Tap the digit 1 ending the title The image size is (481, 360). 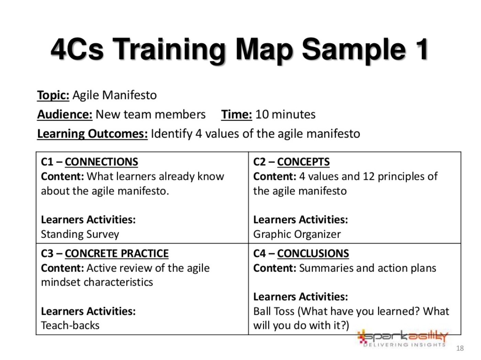(x=421, y=49)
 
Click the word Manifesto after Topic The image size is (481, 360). (x=129, y=95)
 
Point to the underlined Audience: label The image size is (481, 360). (x=65, y=114)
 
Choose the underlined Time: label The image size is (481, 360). (x=236, y=114)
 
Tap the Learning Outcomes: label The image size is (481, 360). (x=92, y=134)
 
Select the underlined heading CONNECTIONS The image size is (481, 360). (x=101, y=162)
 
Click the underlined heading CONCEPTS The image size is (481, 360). (x=303, y=162)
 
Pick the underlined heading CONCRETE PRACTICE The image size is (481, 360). (x=116, y=253)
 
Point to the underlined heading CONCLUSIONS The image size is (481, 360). (x=313, y=253)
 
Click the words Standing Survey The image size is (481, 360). (x=80, y=234)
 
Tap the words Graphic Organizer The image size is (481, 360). (x=297, y=234)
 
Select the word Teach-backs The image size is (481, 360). (x=70, y=325)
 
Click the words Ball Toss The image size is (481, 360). (x=274, y=311)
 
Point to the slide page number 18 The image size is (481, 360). (x=460, y=348)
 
